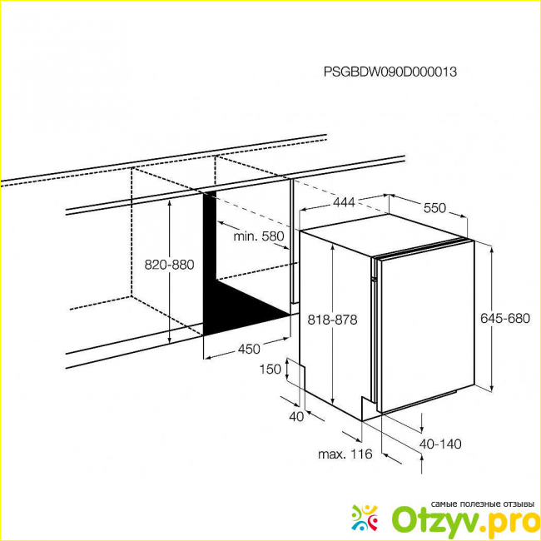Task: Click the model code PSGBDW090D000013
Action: tap(390, 72)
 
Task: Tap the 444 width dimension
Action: tap(344, 202)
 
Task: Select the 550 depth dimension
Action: tap(434, 208)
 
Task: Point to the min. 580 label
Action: tap(259, 236)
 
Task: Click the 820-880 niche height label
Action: tap(169, 265)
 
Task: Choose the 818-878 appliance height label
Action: tap(332, 320)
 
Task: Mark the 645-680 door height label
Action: tap(505, 318)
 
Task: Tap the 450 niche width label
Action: tap(249, 350)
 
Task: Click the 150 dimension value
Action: tap(270, 370)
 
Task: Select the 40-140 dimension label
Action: tap(440, 444)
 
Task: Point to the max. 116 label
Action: tap(345, 454)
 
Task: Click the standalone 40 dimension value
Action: tap(296, 417)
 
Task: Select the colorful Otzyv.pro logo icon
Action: tap(365, 518)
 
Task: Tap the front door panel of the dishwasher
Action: tap(427, 326)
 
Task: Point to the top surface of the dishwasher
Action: tap(383, 235)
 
